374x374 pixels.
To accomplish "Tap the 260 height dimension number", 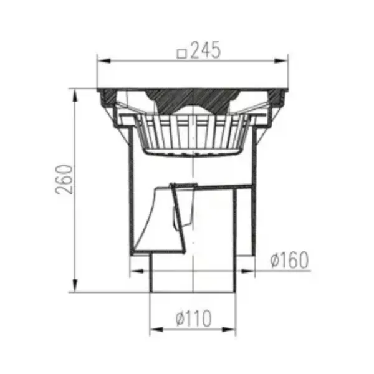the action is (64, 179).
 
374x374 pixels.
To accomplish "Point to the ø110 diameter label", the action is (193, 318).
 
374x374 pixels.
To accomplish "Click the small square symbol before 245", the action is (182, 54).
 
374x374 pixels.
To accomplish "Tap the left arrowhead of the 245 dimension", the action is (104, 60).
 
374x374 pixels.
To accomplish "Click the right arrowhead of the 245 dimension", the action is (280, 60).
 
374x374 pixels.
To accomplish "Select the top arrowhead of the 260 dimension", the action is (75, 95).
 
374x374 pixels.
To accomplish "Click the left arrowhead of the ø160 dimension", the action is (137, 271).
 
